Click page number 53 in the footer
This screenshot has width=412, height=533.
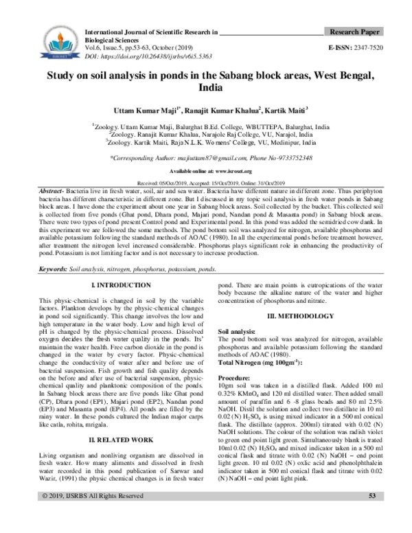coord(372,515)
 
